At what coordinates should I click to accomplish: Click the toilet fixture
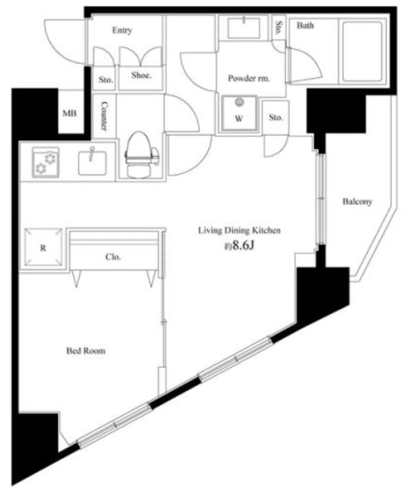[142, 155]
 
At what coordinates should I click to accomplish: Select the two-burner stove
[46, 162]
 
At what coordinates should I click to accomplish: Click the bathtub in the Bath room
[361, 51]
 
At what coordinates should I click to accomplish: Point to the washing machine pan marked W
[239, 114]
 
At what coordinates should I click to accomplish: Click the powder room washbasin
[244, 28]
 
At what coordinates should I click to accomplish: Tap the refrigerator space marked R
[43, 247]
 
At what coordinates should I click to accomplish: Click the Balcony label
[358, 201]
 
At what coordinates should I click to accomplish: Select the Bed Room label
[86, 351]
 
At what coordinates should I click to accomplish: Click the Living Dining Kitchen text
[239, 230]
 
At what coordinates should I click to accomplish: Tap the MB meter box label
[69, 114]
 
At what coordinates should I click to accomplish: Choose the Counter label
[104, 116]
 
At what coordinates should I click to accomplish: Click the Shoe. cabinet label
[141, 75]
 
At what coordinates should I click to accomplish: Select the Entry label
[122, 30]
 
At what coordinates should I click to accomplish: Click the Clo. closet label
[113, 257]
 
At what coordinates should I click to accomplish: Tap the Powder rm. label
[249, 78]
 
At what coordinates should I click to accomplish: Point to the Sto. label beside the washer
[276, 117]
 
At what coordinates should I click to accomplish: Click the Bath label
[305, 25]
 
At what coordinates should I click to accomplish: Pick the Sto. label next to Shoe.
[106, 80]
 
